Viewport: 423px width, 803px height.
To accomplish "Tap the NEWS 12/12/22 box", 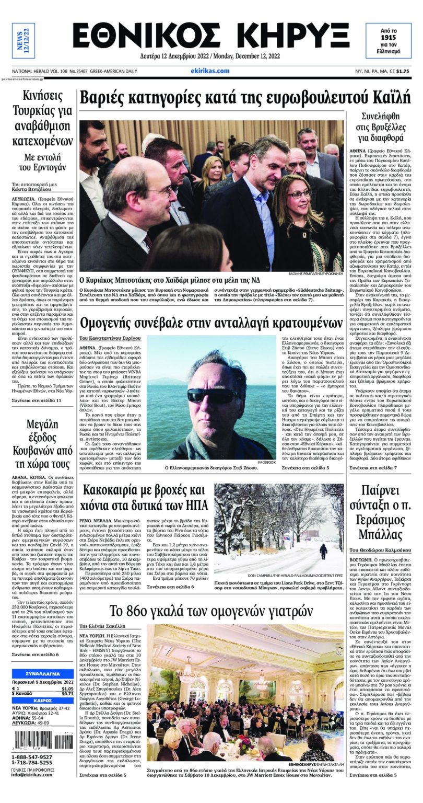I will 23,41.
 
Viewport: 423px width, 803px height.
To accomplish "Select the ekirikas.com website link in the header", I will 210,71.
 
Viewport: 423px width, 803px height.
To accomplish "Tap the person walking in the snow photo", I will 323,550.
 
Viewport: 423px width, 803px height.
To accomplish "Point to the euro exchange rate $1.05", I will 67,689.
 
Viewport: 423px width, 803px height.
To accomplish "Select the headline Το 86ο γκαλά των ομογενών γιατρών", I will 211,611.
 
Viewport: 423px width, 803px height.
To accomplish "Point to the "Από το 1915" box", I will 387,42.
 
